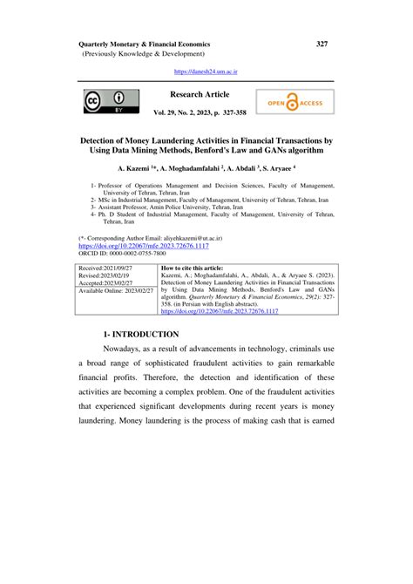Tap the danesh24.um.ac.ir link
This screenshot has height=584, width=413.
tap(206, 71)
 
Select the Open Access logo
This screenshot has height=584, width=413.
tap(295, 102)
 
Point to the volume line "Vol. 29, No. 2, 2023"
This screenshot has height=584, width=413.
tap(181, 113)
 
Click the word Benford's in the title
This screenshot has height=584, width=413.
tap(235, 150)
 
